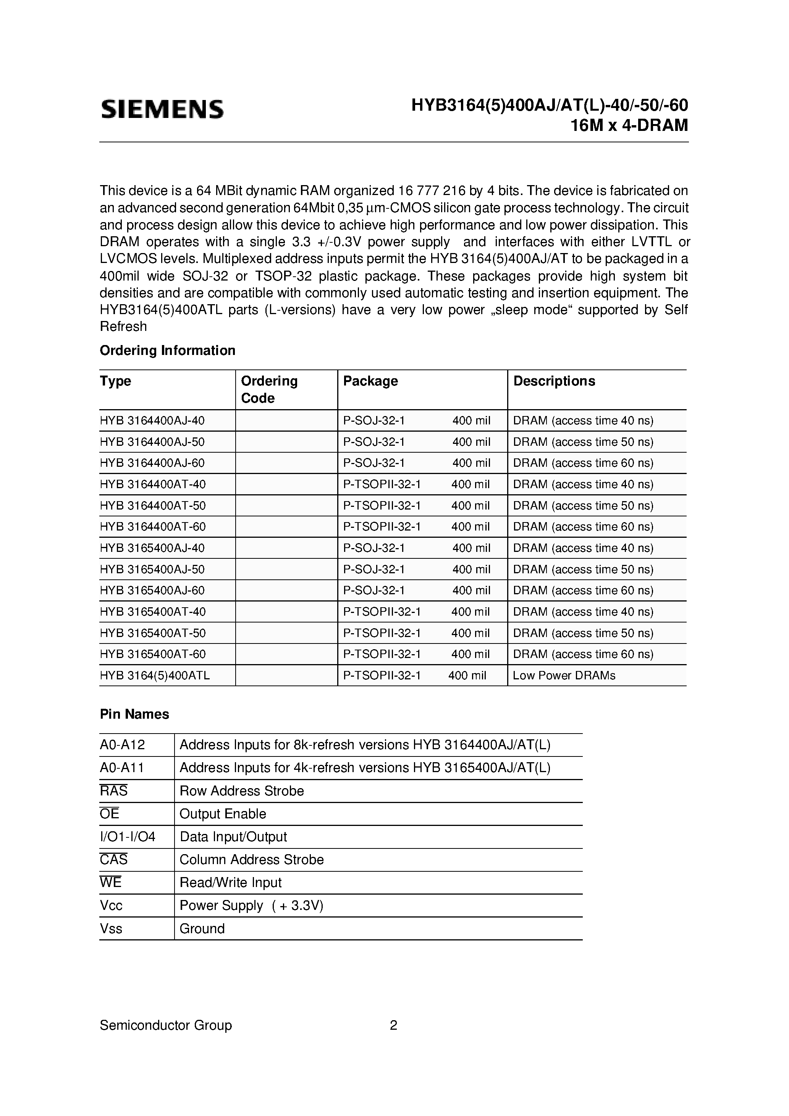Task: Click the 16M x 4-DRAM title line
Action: tap(629, 126)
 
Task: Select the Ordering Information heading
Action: tap(167, 350)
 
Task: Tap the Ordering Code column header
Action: tap(269, 389)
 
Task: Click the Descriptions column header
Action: tap(554, 381)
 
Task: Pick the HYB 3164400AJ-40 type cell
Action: tap(152, 421)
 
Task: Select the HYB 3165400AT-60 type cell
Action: tap(153, 654)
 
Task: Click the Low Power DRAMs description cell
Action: tap(564, 676)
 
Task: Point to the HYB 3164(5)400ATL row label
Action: tap(155, 676)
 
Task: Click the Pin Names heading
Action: tap(134, 714)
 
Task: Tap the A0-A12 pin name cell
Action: tap(123, 745)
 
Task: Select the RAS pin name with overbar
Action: tap(114, 791)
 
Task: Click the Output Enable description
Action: tap(223, 814)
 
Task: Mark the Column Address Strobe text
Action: tap(252, 860)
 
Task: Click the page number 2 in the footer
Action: tap(393, 1026)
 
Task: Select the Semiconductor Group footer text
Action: tap(165, 1026)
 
